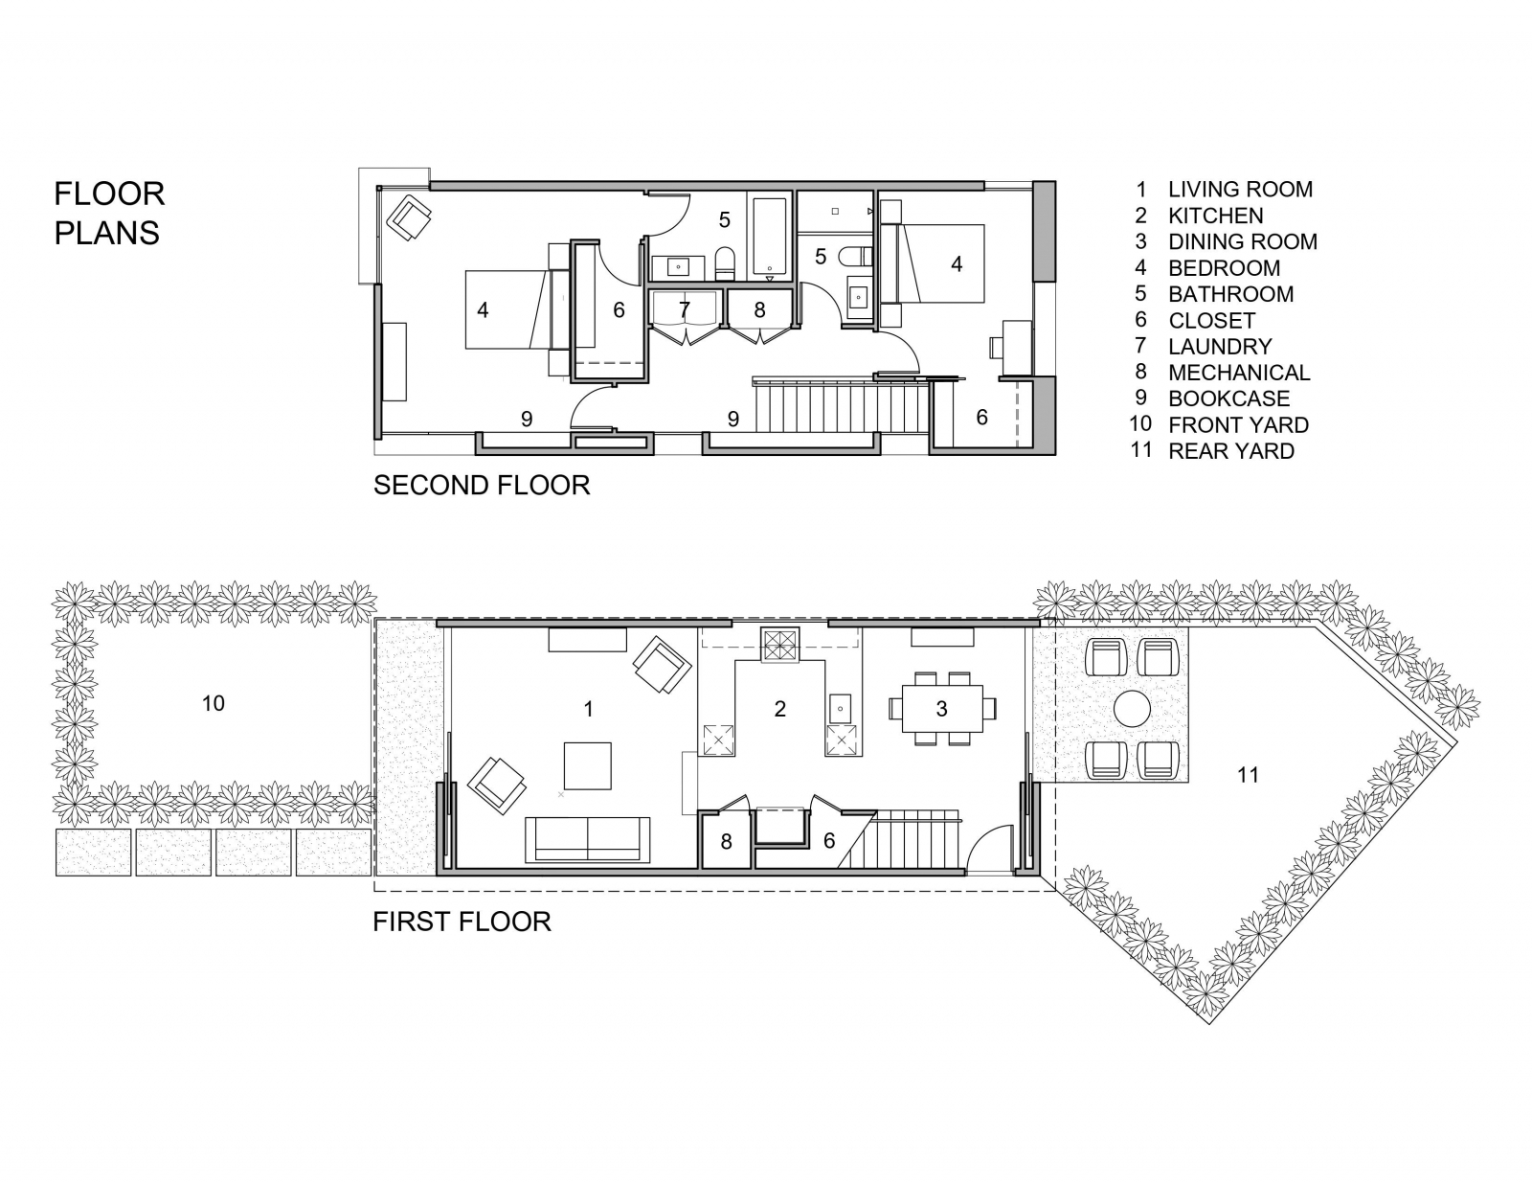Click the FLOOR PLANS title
click(109, 213)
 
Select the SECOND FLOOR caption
click(481, 486)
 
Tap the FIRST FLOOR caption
click(462, 922)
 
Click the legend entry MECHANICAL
click(1238, 373)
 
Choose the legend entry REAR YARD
click(1230, 451)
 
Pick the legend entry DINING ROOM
click(1242, 241)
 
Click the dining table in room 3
click(942, 709)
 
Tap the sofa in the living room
click(587, 839)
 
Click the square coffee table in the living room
click(586, 764)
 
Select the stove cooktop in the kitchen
click(778, 645)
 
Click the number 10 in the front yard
click(213, 704)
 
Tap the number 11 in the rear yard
click(1248, 775)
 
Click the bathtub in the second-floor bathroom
click(770, 237)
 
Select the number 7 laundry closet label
click(684, 310)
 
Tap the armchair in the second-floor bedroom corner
click(409, 217)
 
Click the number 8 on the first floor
click(726, 842)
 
